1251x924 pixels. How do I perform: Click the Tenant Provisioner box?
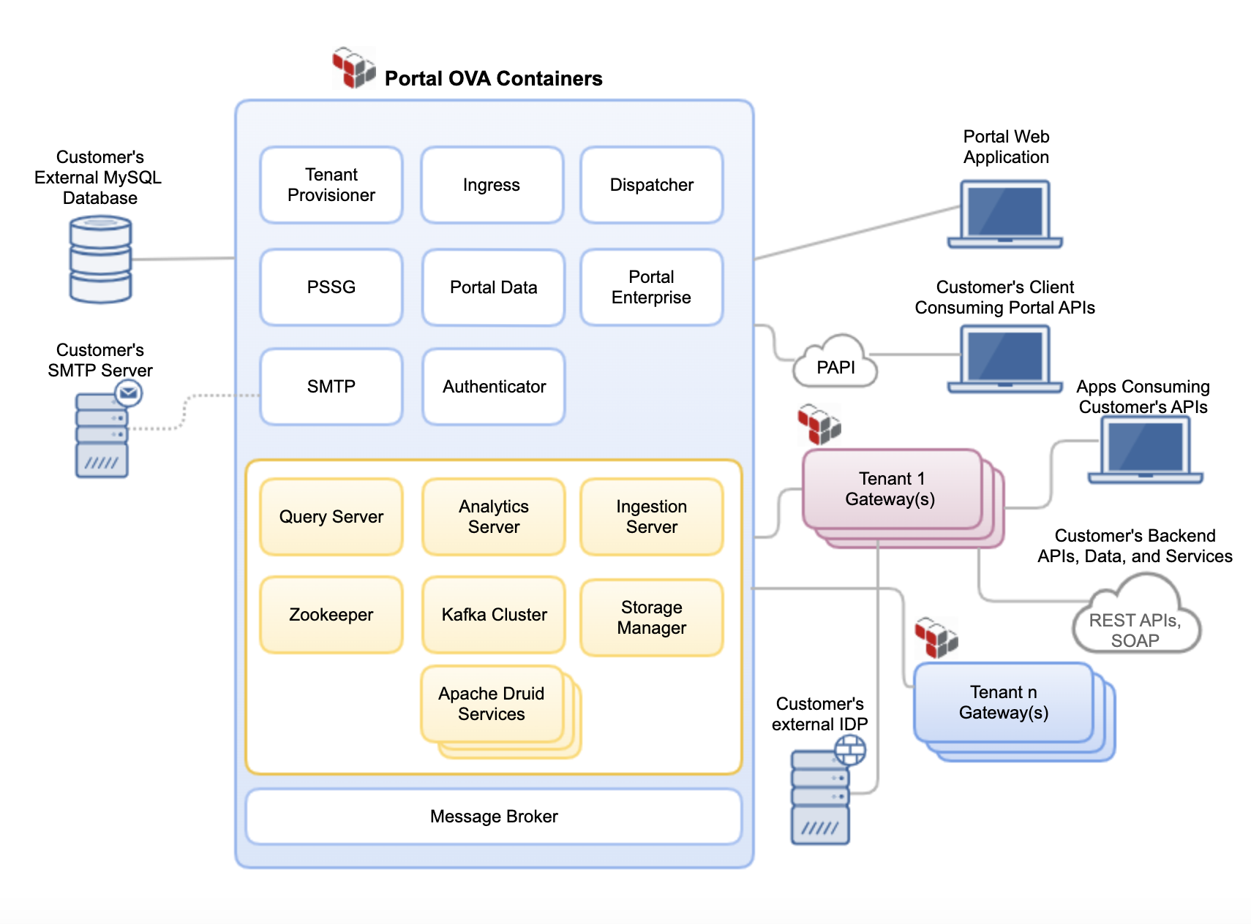331,185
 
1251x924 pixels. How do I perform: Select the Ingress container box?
492,185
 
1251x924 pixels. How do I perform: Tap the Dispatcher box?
651,185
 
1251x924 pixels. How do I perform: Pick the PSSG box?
331,287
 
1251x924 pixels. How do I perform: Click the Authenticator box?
494,387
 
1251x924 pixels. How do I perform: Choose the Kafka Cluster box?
494,615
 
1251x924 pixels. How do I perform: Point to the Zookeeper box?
331,615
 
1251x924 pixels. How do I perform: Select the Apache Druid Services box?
492,704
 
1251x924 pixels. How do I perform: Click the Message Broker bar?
494,817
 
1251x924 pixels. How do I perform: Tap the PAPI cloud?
835,364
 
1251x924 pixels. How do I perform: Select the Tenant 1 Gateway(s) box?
891,489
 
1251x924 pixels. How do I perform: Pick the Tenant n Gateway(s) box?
1003,703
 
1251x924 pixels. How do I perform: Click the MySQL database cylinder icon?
100,260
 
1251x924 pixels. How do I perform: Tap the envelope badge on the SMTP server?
129,393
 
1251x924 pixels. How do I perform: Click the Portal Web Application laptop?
1004,213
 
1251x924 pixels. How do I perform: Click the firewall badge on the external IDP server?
850,749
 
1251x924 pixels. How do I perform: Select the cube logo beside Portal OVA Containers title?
354,68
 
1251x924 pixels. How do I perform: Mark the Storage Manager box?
651,618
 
